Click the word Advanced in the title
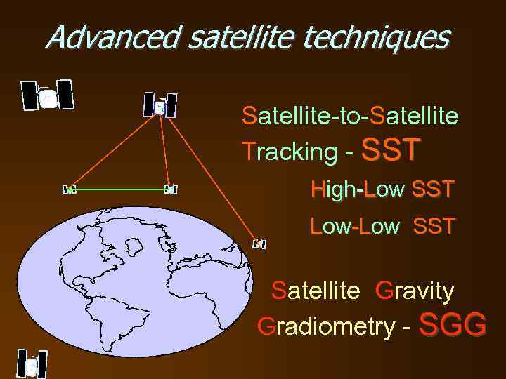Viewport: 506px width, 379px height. pos(112,37)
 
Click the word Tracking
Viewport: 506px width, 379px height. pos(289,151)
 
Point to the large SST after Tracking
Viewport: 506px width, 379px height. pos(391,149)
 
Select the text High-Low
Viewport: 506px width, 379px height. pos(358,189)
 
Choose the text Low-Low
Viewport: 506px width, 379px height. pos(355,226)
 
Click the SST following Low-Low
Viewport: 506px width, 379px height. pos(434,226)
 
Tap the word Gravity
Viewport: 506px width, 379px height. pos(415,290)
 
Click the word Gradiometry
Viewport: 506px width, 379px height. pos(325,326)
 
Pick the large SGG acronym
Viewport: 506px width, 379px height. pos(453,325)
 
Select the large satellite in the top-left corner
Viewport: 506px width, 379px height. pos(47,96)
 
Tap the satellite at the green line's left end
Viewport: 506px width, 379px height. pos(70,189)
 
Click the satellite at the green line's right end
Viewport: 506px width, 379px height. pos(169,189)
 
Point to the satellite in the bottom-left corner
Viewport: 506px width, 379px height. pos(32,364)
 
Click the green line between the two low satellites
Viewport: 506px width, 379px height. pos(119,189)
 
